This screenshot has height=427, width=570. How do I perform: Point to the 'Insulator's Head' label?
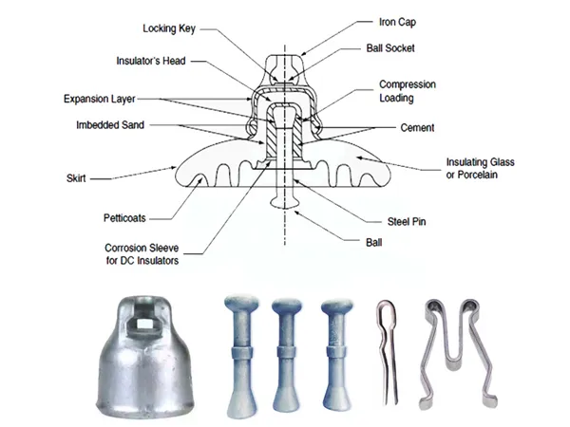coord(149,62)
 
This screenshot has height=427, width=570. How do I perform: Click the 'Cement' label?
coord(418,127)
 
